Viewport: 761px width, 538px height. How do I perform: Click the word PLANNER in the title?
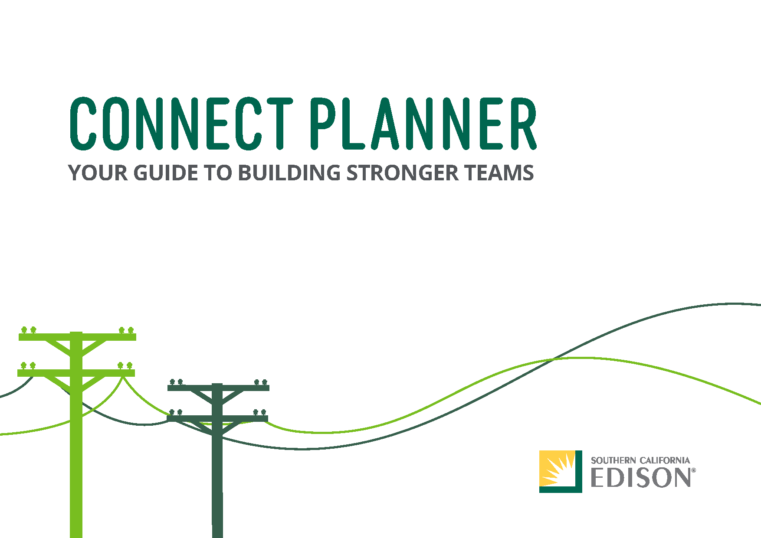click(x=423, y=124)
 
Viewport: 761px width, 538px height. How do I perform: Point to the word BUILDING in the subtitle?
click(x=289, y=173)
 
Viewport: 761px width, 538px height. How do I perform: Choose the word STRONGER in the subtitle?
click(x=402, y=173)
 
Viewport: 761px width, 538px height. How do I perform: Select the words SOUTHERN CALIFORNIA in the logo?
click(x=640, y=460)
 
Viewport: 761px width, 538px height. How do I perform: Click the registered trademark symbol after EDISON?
click(x=693, y=470)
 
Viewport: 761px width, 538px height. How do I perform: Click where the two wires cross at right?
click(x=553, y=359)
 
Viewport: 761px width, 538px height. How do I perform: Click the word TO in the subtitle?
click(x=218, y=173)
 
